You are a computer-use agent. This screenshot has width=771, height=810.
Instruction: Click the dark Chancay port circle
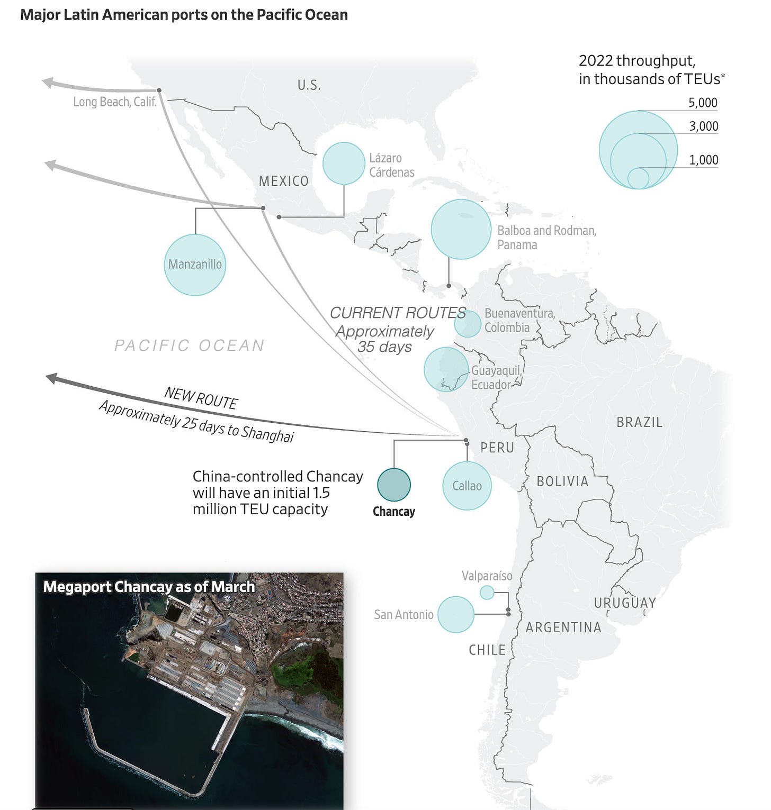394,485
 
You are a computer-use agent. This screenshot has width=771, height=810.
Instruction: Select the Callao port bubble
467,486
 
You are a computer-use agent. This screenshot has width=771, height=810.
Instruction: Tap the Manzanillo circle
195,265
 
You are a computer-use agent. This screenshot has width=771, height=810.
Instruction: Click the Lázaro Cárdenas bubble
344,163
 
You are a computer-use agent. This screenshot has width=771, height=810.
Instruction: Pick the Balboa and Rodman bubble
461,229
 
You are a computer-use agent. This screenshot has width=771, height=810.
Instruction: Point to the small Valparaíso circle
487,593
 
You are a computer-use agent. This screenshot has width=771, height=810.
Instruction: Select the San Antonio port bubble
456,614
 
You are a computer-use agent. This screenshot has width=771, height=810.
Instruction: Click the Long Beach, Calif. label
115,102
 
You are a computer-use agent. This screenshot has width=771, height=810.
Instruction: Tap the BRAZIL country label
639,422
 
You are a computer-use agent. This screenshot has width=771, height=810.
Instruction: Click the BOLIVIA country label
562,481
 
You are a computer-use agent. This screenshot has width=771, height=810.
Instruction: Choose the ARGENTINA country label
563,627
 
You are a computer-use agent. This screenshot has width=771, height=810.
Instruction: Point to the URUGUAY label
625,603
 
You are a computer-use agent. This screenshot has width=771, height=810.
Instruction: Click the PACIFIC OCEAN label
190,345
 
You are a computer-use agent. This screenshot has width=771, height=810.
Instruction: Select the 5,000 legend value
703,103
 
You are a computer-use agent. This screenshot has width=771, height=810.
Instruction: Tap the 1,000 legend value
703,160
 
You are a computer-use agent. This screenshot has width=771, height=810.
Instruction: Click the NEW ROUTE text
201,398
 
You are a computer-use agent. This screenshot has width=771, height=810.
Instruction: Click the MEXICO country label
283,181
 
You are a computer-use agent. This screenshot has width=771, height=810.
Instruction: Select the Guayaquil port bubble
446,369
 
